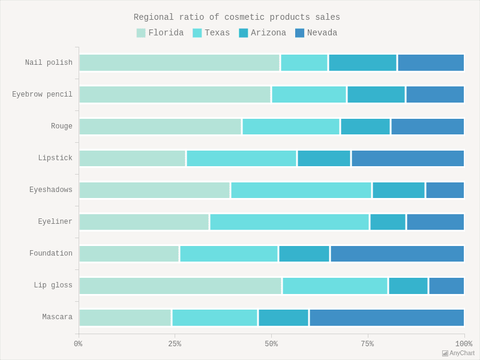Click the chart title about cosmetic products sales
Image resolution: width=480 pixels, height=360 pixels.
pos(236,17)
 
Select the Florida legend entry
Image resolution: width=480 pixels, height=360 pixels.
pos(160,33)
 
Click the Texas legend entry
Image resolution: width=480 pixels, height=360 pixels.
pos(211,33)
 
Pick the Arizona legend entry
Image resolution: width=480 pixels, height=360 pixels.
pos(262,33)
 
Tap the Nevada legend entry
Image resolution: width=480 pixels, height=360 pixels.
pos(316,33)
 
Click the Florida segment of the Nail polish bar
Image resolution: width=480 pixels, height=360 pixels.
pos(179,63)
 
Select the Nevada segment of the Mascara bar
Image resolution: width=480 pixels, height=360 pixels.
pos(387,317)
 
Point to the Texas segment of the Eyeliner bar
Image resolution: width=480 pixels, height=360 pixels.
pos(289,222)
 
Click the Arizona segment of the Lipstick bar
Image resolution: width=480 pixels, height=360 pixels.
pos(324,158)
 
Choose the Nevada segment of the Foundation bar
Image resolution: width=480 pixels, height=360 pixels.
pos(397,254)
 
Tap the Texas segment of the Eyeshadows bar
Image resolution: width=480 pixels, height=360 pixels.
pos(301,190)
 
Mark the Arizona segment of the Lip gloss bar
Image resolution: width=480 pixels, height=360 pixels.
pos(408,286)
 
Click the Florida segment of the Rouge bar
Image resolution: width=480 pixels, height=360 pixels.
pos(160,127)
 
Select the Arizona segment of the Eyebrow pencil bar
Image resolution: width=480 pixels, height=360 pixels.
pos(376,95)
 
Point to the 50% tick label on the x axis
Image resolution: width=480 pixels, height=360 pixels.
pos(271,344)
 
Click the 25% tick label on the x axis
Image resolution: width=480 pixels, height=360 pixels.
pos(175,344)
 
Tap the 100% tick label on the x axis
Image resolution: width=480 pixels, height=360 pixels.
pos(463,344)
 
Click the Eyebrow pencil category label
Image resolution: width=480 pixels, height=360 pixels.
pos(42,95)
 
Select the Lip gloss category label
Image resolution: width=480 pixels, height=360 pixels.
pos(53,286)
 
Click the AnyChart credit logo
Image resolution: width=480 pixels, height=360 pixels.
pos(458,353)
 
